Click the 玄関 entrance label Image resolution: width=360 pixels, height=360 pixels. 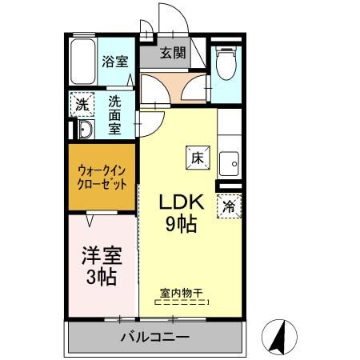point(173,53)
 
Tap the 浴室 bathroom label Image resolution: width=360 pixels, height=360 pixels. point(115,62)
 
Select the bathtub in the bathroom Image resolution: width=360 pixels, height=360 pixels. point(83,62)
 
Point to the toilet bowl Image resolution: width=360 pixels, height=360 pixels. point(226,63)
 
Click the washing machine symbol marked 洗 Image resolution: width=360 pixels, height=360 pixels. point(82,104)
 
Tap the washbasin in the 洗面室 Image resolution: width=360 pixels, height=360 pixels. point(86,130)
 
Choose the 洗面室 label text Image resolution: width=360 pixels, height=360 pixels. point(114,115)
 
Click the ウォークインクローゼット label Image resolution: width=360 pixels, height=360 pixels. point(102,177)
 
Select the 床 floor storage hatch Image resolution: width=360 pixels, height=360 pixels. point(198,158)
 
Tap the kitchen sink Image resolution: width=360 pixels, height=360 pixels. point(229,164)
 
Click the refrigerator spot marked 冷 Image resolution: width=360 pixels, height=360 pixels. point(229,206)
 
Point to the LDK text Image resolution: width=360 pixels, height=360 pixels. point(182,202)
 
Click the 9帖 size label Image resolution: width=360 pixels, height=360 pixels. point(182,223)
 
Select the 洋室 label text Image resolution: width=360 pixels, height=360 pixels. point(102,255)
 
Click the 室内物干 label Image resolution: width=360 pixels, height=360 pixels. point(182,294)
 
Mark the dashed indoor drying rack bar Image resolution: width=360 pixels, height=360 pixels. point(182,302)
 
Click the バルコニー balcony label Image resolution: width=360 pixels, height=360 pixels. point(155,337)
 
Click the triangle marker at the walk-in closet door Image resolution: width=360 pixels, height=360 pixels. point(90,220)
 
